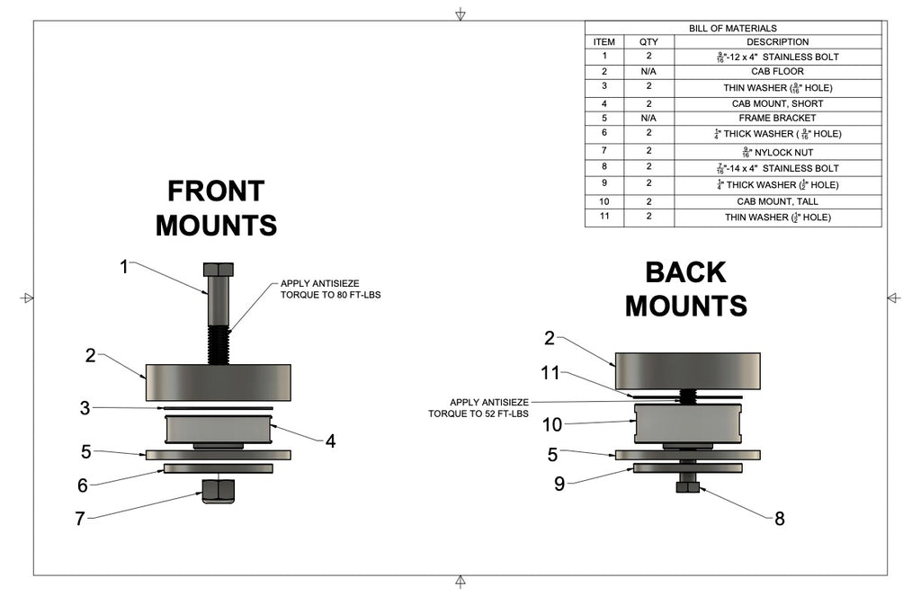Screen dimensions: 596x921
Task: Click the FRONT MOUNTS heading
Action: pyautogui.click(x=216, y=208)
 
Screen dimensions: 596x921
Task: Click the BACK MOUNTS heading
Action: pyautogui.click(x=685, y=289)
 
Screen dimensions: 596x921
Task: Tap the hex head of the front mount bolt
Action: pyautogui.click(x=218, y=270)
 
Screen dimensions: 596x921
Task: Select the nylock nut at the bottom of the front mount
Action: pyautogui.click(x=218, y=491)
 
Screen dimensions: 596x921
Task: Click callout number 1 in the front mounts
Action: pyautogui.click(x=125, y=266)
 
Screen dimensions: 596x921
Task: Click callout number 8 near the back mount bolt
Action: pyautogui.click(x=779, y=518)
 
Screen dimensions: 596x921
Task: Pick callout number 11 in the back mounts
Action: pyautogui.click(x=550, y=371)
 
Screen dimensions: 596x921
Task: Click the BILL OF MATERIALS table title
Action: pyautogui.click(x=732, y=29)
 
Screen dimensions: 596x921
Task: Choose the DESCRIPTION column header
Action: pyautogui.click(x=777, y=42)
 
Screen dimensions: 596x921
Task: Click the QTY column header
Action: pyautogui.click(x=648, y=42)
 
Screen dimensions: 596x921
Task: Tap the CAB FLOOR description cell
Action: pyautogui.click(x=777, y=71)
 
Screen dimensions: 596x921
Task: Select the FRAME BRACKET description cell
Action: pyautogui.click(x=777, y=118)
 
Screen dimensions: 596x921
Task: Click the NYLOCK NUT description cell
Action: pyautogui.click(x=777, y=152)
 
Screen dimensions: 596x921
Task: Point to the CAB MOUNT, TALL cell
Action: pyautogui.click(x=777, y=201)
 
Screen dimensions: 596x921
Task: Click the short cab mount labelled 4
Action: pyautogui.click(x=218, y=428)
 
